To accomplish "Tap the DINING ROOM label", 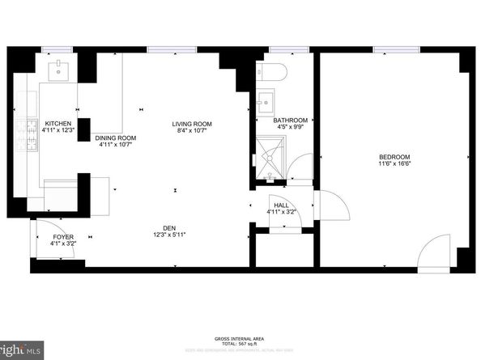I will pyautogui.click(x=116, y=138).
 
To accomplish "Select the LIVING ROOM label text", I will pyautogui.click(x=191, y=124).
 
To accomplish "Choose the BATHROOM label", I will pyautogui.click(x=289, y=119).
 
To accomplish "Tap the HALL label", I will pyautogui.click(x=281, y=205).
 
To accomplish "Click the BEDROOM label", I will pyautogui.click(x=394, y=156).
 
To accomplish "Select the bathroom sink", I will pyautogui.click(x=264, y=101).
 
